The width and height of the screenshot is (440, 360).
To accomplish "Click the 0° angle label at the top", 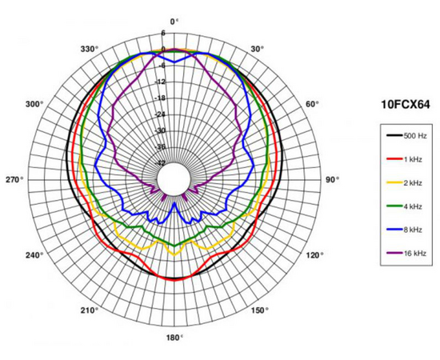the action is [x=174, y=22].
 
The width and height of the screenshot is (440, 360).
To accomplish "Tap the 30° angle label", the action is [x=258, y=49].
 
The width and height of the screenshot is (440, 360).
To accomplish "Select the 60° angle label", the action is [x=312, y=104].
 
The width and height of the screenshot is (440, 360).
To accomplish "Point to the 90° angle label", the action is [x=332, y=179].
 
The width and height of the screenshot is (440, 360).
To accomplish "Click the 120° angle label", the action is [x=314, y=255].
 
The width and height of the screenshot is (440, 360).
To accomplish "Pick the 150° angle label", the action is [x=259, y=310].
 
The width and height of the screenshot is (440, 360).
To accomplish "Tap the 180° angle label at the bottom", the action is [x=174, y=338].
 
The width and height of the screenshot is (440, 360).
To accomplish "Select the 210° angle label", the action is [x=90, y=310].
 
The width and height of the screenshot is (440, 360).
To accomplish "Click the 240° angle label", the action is [x=34, y=255].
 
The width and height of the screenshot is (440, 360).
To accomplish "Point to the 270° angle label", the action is [x=14, y=179].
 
